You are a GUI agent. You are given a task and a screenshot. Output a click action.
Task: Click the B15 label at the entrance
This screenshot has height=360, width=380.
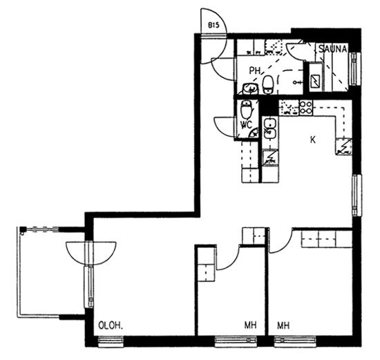point(213,25)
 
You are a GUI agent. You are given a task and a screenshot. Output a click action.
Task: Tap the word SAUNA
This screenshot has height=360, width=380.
point(333,49)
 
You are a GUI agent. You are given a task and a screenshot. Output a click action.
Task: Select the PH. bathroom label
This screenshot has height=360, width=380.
point(256,70)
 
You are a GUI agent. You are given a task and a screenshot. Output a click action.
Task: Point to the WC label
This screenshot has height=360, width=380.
point(246,124)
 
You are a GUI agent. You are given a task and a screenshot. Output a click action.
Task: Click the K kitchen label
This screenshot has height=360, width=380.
point(313,140)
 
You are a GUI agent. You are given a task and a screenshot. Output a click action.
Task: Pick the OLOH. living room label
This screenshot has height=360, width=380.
point(111,325)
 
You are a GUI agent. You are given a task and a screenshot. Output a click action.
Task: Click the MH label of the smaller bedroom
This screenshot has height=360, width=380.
point(250,325)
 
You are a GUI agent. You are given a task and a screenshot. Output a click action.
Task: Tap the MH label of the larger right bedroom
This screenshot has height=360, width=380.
point(283,325)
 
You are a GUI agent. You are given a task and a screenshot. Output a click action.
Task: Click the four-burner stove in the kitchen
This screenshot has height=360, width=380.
point(305,107)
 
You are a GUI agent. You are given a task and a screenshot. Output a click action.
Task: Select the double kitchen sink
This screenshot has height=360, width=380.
point(270,129)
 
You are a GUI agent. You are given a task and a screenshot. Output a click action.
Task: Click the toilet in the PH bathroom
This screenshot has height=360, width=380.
point(268,84)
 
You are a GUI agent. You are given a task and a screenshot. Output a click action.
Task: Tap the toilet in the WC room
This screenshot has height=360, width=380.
point(247,109)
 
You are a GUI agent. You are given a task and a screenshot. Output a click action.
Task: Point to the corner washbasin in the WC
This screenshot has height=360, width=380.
point(254,133)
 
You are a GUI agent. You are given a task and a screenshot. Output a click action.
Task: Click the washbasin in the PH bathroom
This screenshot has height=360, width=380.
point(250,88)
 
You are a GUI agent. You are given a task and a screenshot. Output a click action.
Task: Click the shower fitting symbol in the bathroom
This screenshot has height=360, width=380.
point(298,82)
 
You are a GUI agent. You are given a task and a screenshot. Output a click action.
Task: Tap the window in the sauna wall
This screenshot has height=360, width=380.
point(355,68)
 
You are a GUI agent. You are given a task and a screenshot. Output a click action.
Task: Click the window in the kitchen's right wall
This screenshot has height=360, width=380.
point(356,195)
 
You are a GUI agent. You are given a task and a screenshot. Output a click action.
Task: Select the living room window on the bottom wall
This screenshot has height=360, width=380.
point(111,341)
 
